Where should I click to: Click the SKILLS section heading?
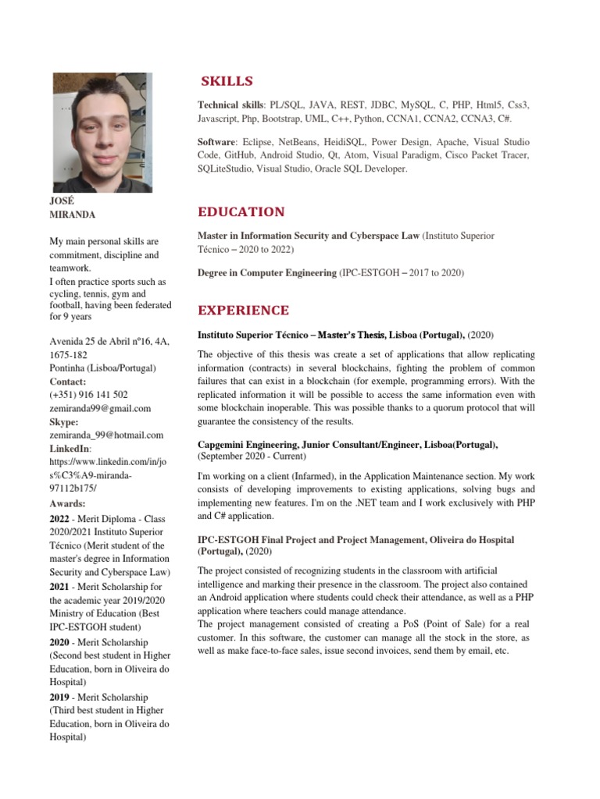[227, 82]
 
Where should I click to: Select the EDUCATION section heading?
[241, 212]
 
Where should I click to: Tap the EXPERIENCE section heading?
[243, 311]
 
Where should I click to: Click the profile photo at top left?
[102, 133]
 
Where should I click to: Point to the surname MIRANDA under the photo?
[73, 215]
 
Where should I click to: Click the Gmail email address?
[100, 408]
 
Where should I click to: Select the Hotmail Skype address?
[105, 435]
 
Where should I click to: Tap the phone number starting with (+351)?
[88, 395]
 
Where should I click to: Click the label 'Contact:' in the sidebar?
[70, 382]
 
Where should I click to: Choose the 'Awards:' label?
[67, 503]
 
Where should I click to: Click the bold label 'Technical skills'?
[231, 105]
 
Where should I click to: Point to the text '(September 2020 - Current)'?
[252, 456]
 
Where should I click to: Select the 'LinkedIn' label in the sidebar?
[69, 449]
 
